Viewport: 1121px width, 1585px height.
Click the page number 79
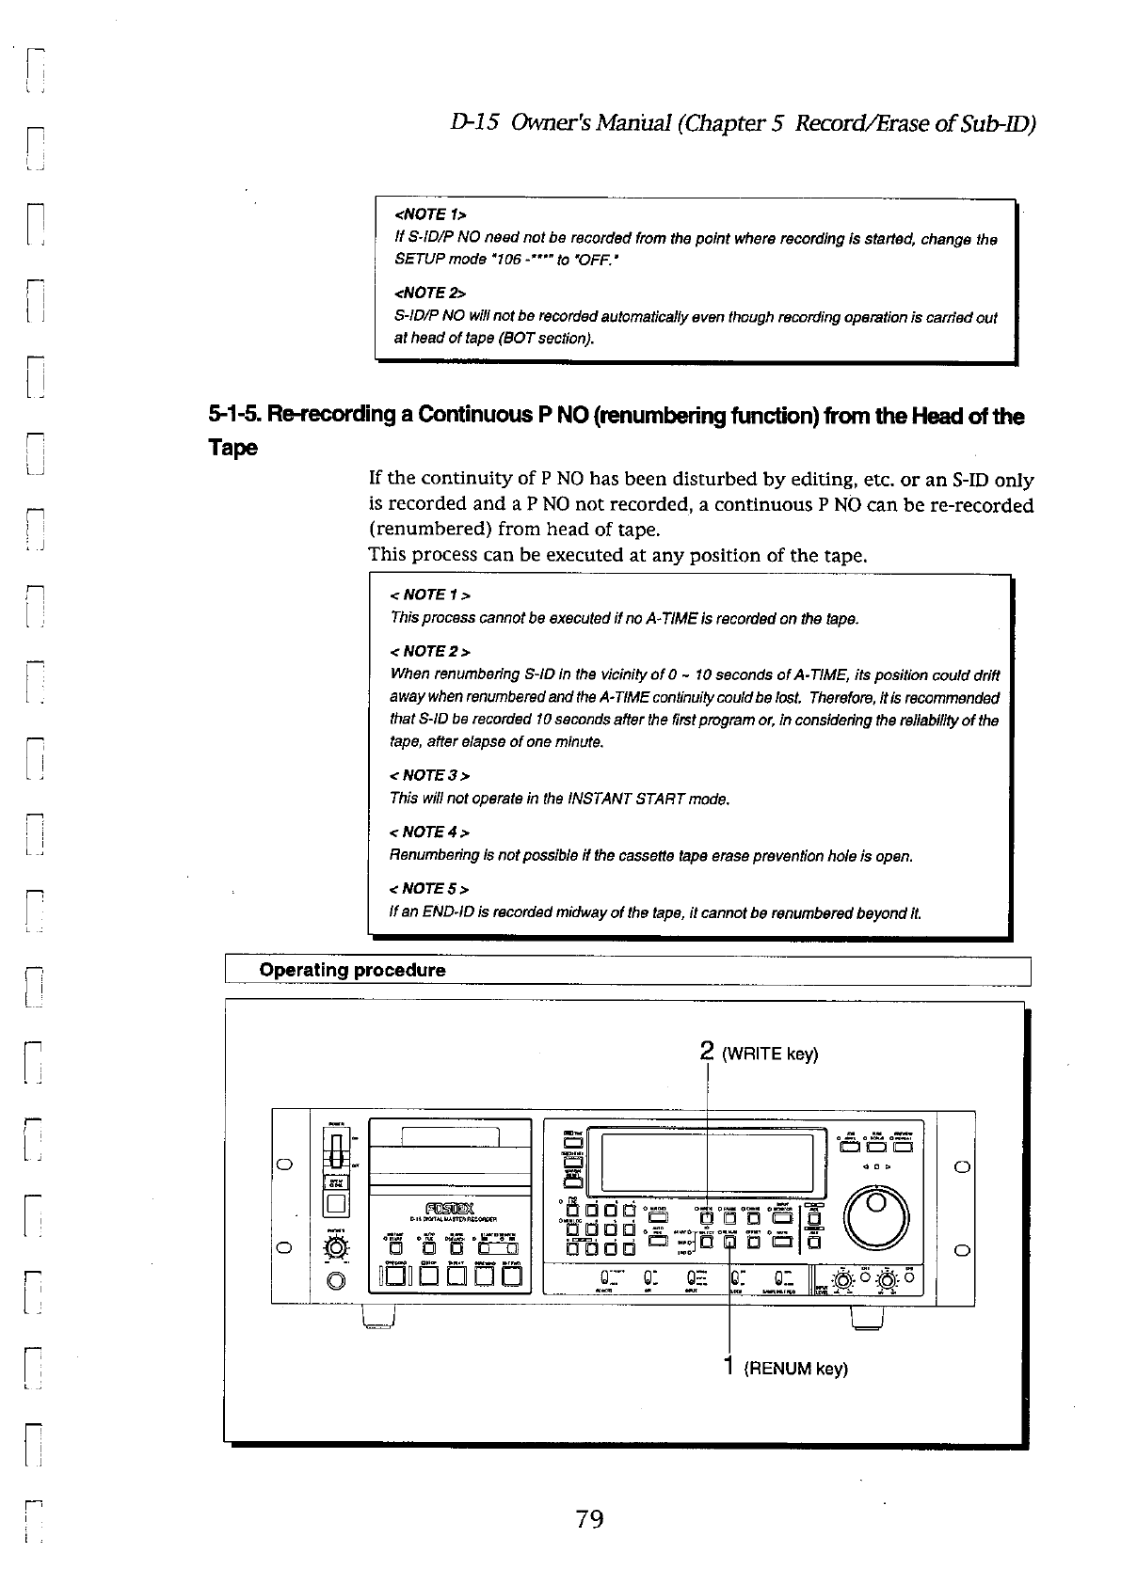pos(589,1518)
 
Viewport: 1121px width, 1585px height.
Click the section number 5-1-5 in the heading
pos(235,416)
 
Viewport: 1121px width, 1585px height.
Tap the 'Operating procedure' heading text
pos(352,970)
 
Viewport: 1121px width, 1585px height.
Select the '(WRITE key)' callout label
pos(769,1054)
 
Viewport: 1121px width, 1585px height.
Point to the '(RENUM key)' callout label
pos(795,1369)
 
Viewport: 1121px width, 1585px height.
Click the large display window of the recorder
pos(706,1163)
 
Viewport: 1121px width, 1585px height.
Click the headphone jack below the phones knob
pos(335,1281)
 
